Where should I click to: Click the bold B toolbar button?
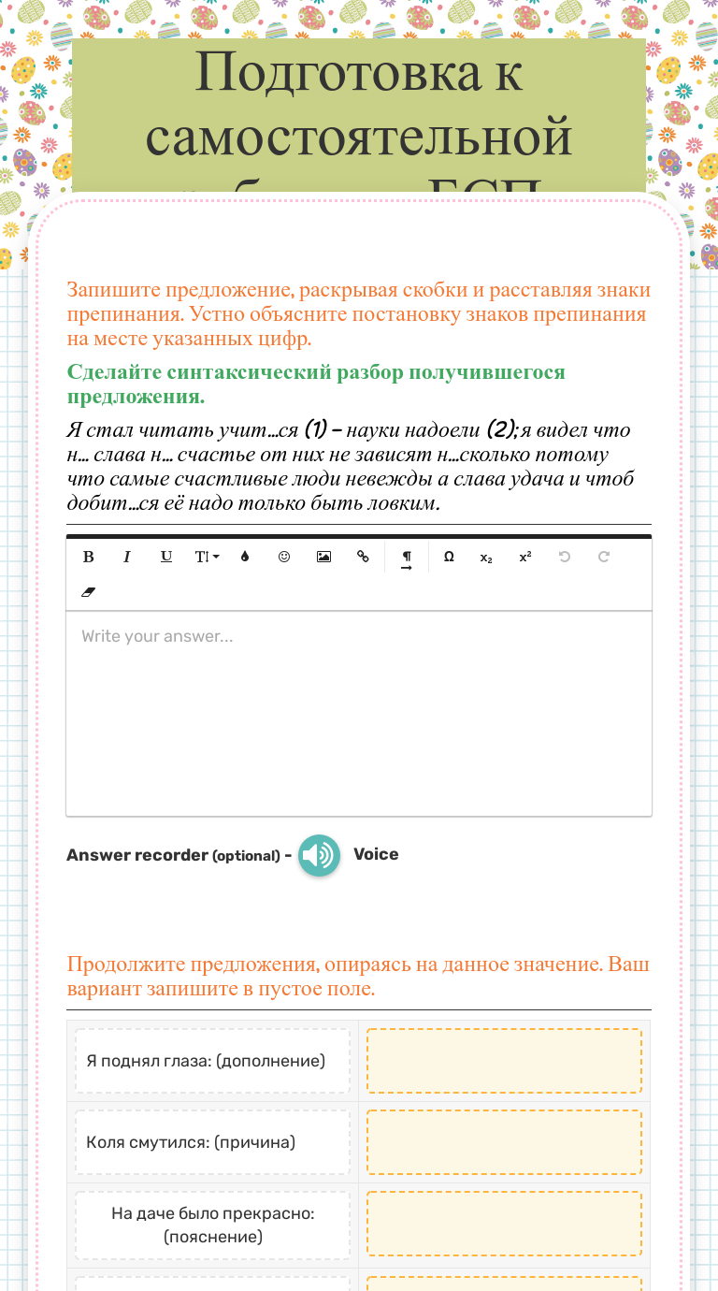click(x=89, y=557)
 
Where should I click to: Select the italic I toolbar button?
click(x=127, y=557)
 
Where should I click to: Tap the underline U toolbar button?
click(x=166, y=557)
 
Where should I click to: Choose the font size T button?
click(x=206, y=557)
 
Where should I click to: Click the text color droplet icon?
click(x=245, y=557)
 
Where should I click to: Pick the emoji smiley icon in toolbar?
click(x=284, y=557)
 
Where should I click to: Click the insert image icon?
click(x=323, y=557)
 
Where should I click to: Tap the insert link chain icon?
click(x=363, y=557)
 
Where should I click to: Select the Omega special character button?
click(x=449, y=557)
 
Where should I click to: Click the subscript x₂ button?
click(x=486, y=557)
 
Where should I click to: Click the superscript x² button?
click(x=525, y=557)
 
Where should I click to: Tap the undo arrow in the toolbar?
click(x=564, y=557)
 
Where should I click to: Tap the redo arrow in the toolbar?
click(x=604, y=557)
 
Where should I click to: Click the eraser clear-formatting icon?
click(x=89, y=592)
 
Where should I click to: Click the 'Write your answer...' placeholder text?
click(x=157, y=636)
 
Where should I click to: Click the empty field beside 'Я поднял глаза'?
click(x=504, y=1061)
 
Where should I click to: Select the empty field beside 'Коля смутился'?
click(x=504, y=1142)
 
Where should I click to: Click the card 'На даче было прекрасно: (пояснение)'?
click(x=213, y=1225)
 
